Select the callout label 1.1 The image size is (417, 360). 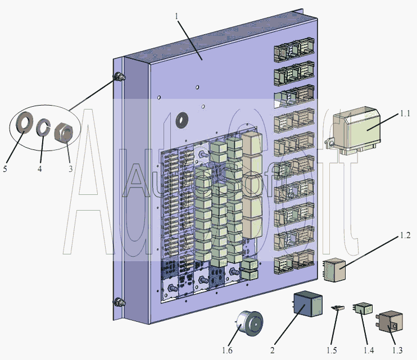coord(406,114)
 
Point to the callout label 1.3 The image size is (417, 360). coord(397,350)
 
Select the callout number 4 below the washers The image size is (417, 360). coord(40,167)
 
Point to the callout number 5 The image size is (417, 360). coord(4,168)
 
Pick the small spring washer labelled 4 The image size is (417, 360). coord(43,128)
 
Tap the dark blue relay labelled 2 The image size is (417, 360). coord(306,305)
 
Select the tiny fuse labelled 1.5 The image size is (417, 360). coord(337,308)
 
